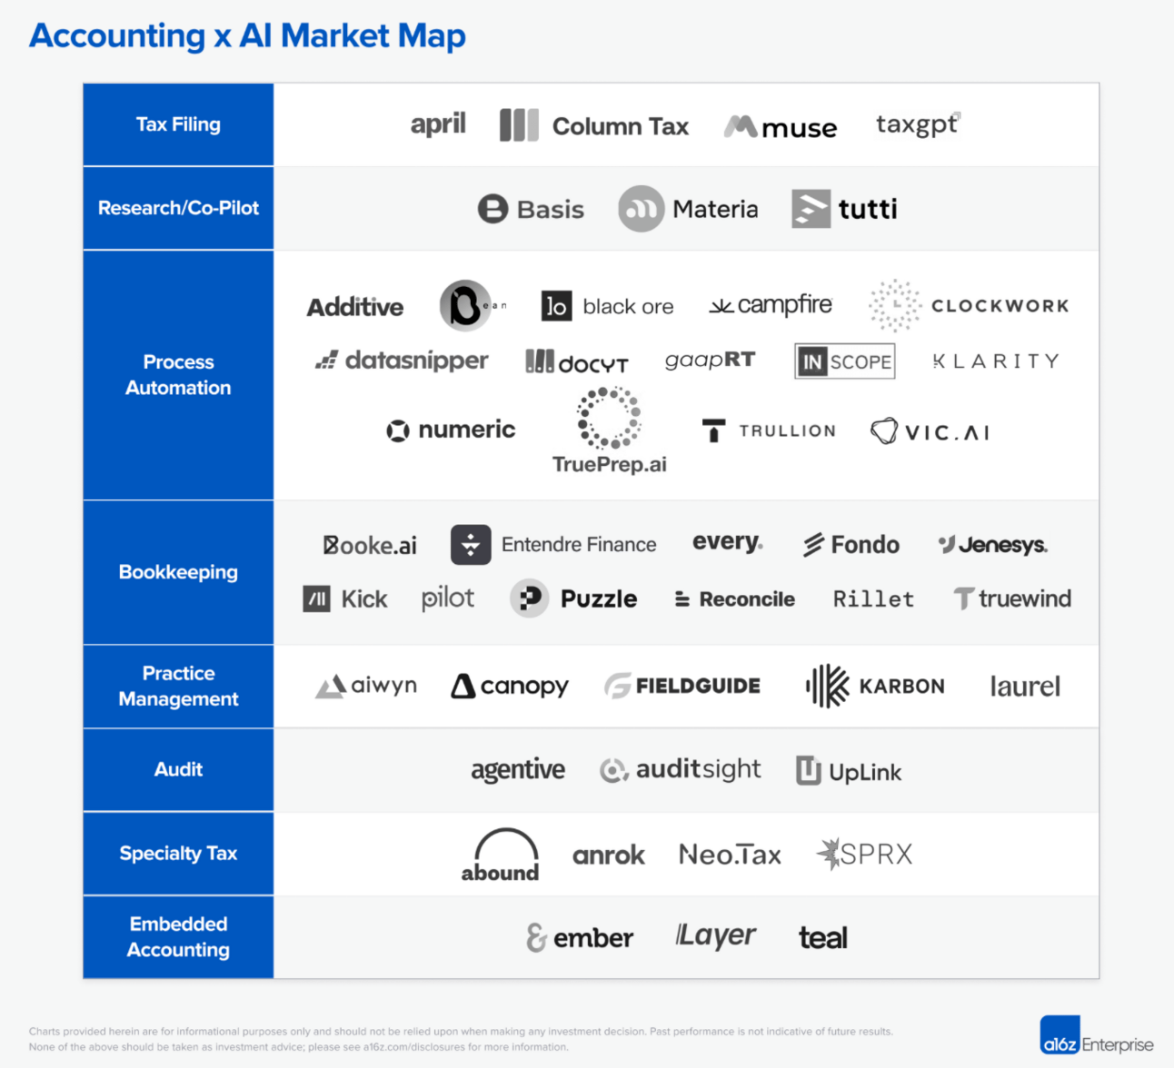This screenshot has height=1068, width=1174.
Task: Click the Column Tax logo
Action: (594, 125)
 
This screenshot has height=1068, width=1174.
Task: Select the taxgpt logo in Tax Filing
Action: (917, 124)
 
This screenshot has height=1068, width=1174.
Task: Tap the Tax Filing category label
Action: (178, 124)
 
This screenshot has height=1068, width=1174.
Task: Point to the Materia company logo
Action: (688, 209)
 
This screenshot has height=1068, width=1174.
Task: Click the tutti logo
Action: (844, 209)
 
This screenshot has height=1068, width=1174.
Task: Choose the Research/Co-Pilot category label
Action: (178, 208)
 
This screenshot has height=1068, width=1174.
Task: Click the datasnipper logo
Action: (402, 361)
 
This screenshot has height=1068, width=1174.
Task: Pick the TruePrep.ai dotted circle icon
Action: (609, 418)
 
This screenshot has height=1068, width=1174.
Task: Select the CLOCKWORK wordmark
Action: (1000, 306)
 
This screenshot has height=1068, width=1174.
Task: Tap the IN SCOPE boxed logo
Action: (844, 361)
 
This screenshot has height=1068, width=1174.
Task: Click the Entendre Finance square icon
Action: (471, 544)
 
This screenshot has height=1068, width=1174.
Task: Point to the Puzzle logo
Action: (573, 598)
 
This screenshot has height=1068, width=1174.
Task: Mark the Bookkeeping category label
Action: (178, 572)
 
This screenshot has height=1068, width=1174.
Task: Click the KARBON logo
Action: (875, 686)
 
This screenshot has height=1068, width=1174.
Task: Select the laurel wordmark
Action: (1025, 687)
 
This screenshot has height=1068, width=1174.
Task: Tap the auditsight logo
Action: (681, 770)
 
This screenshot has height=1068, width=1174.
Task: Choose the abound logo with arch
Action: (500, 855)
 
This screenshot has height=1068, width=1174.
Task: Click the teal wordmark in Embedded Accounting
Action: (823, 937)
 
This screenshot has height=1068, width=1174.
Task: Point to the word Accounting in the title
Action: (117, 35)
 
